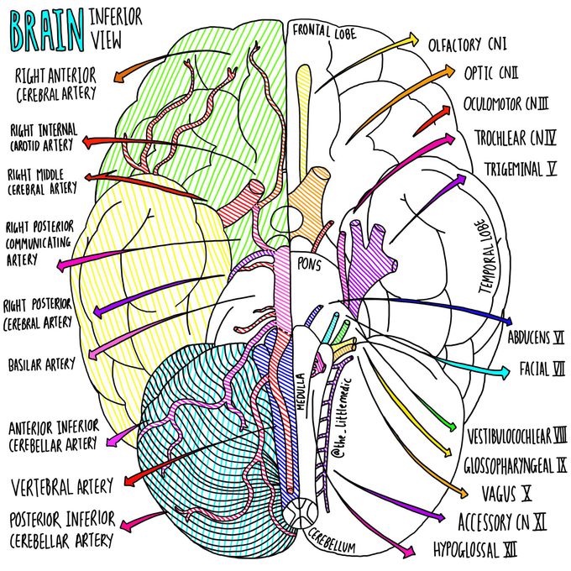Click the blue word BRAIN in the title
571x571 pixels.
(x=47, y=31)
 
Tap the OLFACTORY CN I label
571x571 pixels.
(x=467, y=45)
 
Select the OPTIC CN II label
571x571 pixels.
(x=491, y=73)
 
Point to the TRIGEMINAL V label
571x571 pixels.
(x=521, y=169)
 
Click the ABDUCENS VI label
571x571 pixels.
(x=536, y=338)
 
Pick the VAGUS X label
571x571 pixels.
(x=506, y=494)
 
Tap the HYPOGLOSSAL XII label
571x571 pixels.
(x=475, y=549)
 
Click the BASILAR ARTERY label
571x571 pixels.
(x=41, y=364)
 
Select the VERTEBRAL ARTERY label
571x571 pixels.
(x=62, y=487)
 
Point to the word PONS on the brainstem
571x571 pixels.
(x=309, y=264)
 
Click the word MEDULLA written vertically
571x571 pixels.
(x=301, y=391)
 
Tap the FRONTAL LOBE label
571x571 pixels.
(x=324, y=31)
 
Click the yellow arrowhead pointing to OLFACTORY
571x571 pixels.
(x=414, y=39)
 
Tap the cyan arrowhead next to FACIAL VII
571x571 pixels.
(x=506, y=372)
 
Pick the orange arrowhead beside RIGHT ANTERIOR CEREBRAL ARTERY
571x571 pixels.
(x=118, y=76)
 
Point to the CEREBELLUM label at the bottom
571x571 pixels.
(x=332, y=541)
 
